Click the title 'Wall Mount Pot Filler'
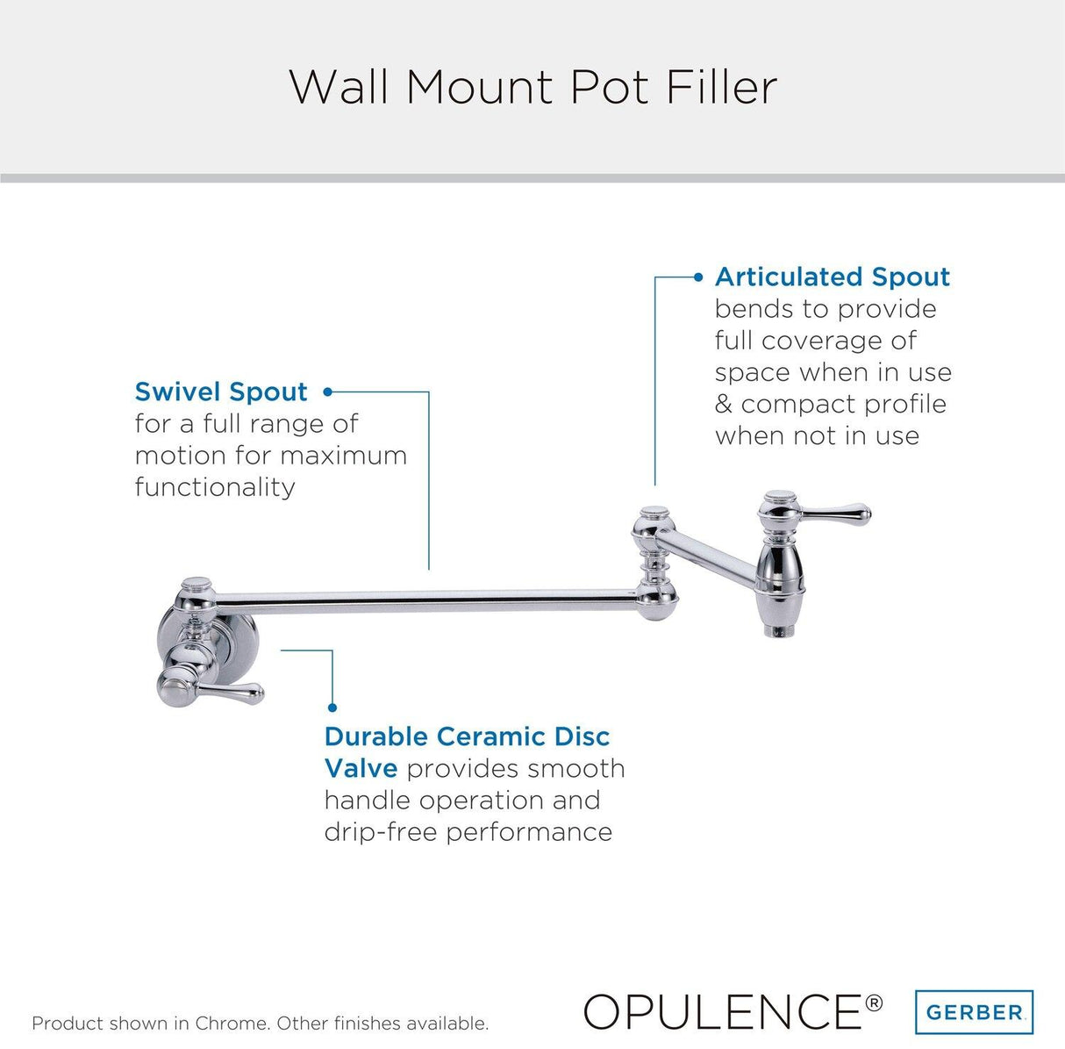click(532, 87)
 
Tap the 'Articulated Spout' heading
click(832, 277)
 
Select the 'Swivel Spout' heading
click(221, 392)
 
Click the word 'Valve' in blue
click(361, 769)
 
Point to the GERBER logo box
click(974, 1012)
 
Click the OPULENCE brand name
click(721, 1011)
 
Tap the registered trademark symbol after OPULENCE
click(875, 1002)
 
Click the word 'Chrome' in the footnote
click(230, 1024)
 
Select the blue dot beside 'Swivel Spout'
click(328, 392)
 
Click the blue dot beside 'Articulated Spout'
click(698, 277)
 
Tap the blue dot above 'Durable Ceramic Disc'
click(332, 707)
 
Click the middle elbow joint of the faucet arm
click(654, 562)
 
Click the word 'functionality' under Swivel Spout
click(215, 487)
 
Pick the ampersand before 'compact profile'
click(724, 405)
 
